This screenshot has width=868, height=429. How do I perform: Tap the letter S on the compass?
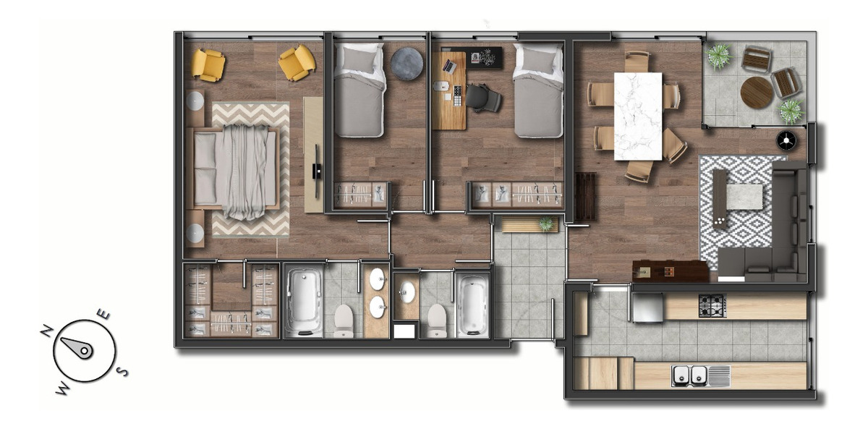pos(123,372)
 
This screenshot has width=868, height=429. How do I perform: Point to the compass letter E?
pos(104,315)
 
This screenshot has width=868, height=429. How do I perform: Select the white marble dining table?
pos(637,116)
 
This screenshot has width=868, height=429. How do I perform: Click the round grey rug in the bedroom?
pos(407,64)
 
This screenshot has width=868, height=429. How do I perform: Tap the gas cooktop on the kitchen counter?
pos(712,306)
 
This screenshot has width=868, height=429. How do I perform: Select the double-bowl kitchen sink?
pos(690,375)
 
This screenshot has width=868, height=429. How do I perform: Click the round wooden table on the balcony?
pos(757,93)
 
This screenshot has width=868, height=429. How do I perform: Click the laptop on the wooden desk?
pos(449,66)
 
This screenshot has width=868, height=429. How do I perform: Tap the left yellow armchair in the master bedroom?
pos(208,64)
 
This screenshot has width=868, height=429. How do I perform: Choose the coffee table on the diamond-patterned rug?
pos(744,197)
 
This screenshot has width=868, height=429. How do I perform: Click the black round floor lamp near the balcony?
pos(786,140)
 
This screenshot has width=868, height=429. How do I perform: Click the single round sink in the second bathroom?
pos(407,292)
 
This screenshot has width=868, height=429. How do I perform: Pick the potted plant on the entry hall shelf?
pos(545,224)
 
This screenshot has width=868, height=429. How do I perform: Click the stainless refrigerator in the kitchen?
pos(647,307)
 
